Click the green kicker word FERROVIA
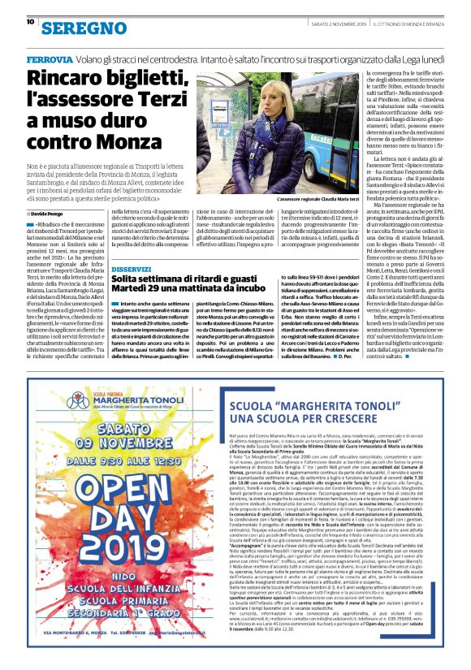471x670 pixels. tap(49, 60)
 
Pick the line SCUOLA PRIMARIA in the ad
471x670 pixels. tap(121, 618)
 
